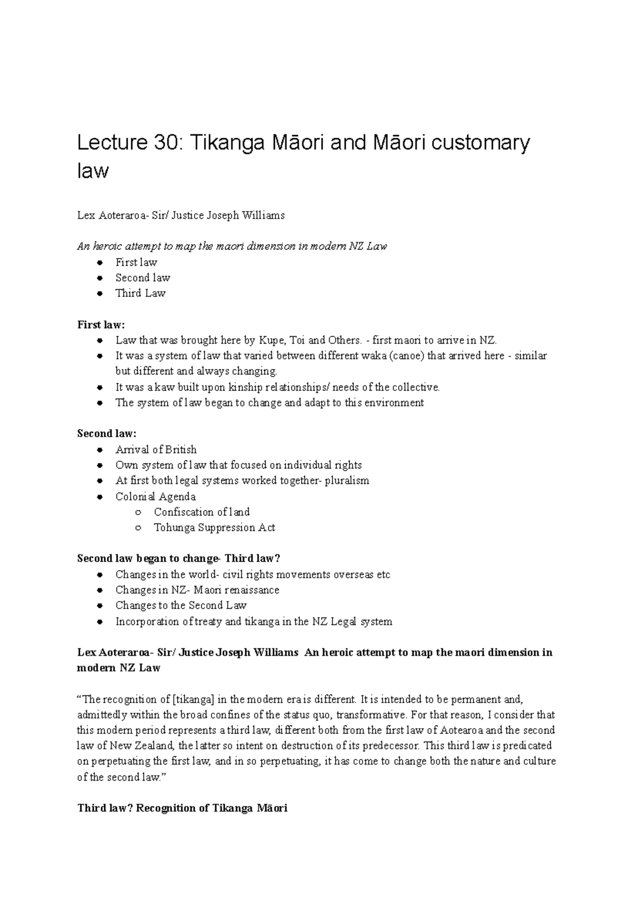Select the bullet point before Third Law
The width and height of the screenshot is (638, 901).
tap(99, 294)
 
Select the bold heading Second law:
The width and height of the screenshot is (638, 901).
tap(107, 433)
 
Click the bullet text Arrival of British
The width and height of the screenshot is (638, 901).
tap(156, 449)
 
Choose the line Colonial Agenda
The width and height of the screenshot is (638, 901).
tap(155, 497)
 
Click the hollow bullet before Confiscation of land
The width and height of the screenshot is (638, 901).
tap(138, 512)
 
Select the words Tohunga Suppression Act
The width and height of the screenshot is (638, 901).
tap(214, 528)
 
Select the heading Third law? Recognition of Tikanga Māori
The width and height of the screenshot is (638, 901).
tap(182, 808)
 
